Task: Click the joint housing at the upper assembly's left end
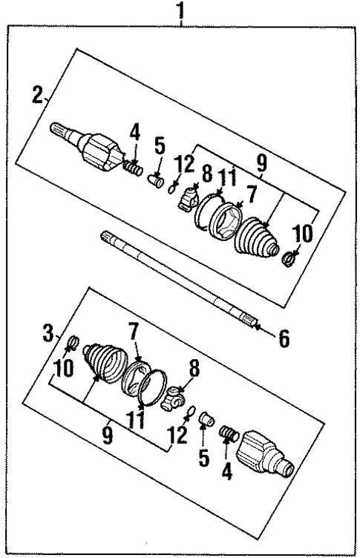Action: pos(99,151)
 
